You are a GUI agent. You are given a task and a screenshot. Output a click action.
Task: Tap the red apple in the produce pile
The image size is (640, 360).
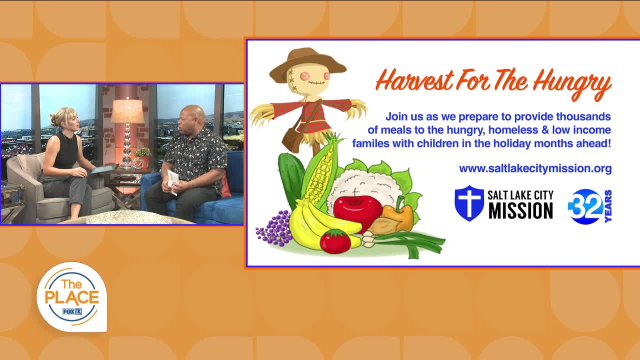point(357,212)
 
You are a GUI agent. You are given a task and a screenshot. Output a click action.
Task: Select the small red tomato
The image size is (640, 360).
point(335,241)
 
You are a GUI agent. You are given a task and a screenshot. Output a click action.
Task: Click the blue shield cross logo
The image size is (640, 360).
point(469,203)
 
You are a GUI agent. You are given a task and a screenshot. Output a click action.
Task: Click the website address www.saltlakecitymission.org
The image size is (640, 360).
point(535,169)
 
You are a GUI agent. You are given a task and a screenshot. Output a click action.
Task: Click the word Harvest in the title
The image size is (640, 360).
point(415,80)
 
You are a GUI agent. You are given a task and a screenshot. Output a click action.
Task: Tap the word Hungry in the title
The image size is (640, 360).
point(572,83)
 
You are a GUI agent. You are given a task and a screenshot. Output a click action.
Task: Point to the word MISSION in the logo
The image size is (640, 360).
point(520,211)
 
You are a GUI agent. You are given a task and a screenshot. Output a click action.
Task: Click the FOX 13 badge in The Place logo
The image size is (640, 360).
point(72,311)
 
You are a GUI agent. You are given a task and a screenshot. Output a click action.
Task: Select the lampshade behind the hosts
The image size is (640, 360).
point(127,111)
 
